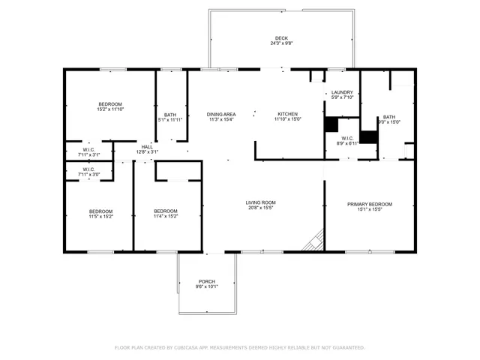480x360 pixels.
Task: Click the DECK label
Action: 280,38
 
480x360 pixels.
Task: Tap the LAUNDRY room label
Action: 343,92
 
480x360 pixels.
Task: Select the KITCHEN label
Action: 287,114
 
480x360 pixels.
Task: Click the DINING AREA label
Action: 221,114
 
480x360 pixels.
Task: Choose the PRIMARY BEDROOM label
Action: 369,204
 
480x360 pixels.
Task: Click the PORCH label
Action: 207,281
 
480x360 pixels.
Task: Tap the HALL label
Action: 147,146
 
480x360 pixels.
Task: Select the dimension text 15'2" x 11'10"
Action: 110,110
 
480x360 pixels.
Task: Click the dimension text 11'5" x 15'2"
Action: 101,217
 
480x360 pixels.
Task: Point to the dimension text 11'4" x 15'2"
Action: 166,217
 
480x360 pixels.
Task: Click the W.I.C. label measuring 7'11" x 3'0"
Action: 88,175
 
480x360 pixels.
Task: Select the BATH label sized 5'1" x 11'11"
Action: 171,120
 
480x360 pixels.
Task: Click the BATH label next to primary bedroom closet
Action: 389,116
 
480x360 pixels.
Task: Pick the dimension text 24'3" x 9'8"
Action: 280,44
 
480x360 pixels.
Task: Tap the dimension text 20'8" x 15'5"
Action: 261,208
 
